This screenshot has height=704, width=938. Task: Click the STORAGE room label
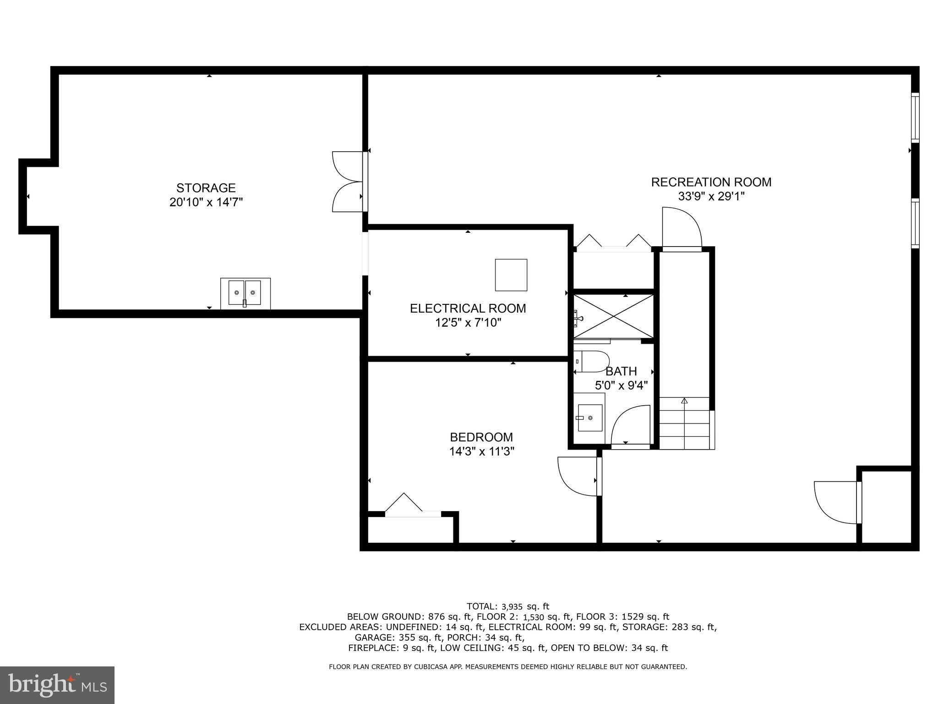[206, 188]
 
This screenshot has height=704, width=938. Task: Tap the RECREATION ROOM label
[711, 182]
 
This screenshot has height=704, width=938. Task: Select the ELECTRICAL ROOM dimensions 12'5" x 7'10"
[468, 323]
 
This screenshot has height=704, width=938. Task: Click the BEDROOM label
[481, 437]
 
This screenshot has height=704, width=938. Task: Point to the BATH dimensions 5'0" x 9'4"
[621, 385]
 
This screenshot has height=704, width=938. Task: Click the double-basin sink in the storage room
[245, 293]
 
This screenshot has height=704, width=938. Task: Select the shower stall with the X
[614, 316]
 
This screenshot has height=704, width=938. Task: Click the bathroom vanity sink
[590, 418]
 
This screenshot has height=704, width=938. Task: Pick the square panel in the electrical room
[511, 275]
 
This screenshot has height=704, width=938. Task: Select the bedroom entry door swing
[577, 477]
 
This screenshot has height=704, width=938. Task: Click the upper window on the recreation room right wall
[915, 117]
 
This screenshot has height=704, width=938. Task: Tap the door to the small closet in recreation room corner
[836, 502]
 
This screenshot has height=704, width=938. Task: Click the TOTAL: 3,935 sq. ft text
[507, 606]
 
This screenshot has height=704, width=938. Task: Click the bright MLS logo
[57, 685]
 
